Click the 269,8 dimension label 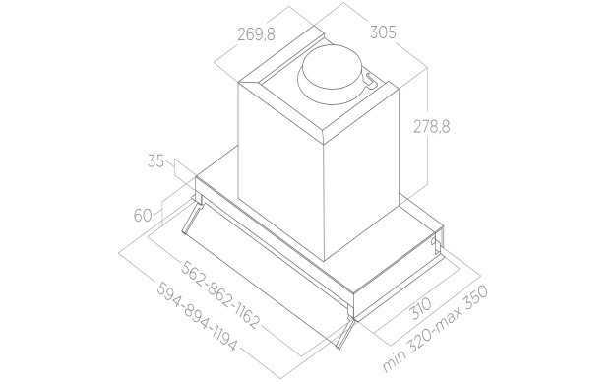(x=256, y=35)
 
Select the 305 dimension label (x=383, y=32)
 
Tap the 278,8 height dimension (x=431, y=127)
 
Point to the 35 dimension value (x=155, y=161)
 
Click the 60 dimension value (x=143, y=216)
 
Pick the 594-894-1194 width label (x=197, y=316)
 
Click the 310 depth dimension (x=420, y=308)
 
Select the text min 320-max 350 (x=435, y=329)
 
